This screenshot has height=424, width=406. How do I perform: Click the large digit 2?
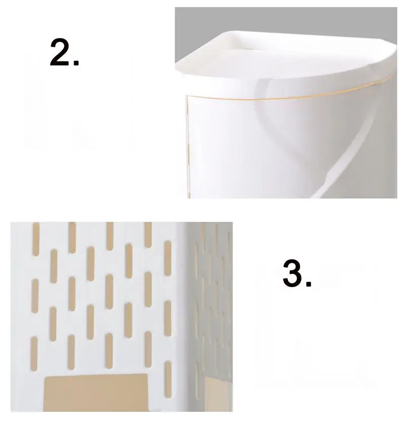(59, 52)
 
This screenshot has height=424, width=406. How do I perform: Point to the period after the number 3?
(308, 284)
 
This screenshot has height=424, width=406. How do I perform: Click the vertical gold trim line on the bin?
(187, 146)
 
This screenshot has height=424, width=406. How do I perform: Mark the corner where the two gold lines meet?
(186, 95)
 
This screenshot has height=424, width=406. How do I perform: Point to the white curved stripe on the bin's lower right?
(349, 152)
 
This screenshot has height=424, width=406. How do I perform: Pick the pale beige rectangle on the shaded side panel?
(218, 394)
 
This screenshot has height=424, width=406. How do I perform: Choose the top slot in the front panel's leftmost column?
(36, 239)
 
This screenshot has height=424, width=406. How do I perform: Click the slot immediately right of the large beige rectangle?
(168, 379)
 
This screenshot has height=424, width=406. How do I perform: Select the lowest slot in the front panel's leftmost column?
(34, 354)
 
